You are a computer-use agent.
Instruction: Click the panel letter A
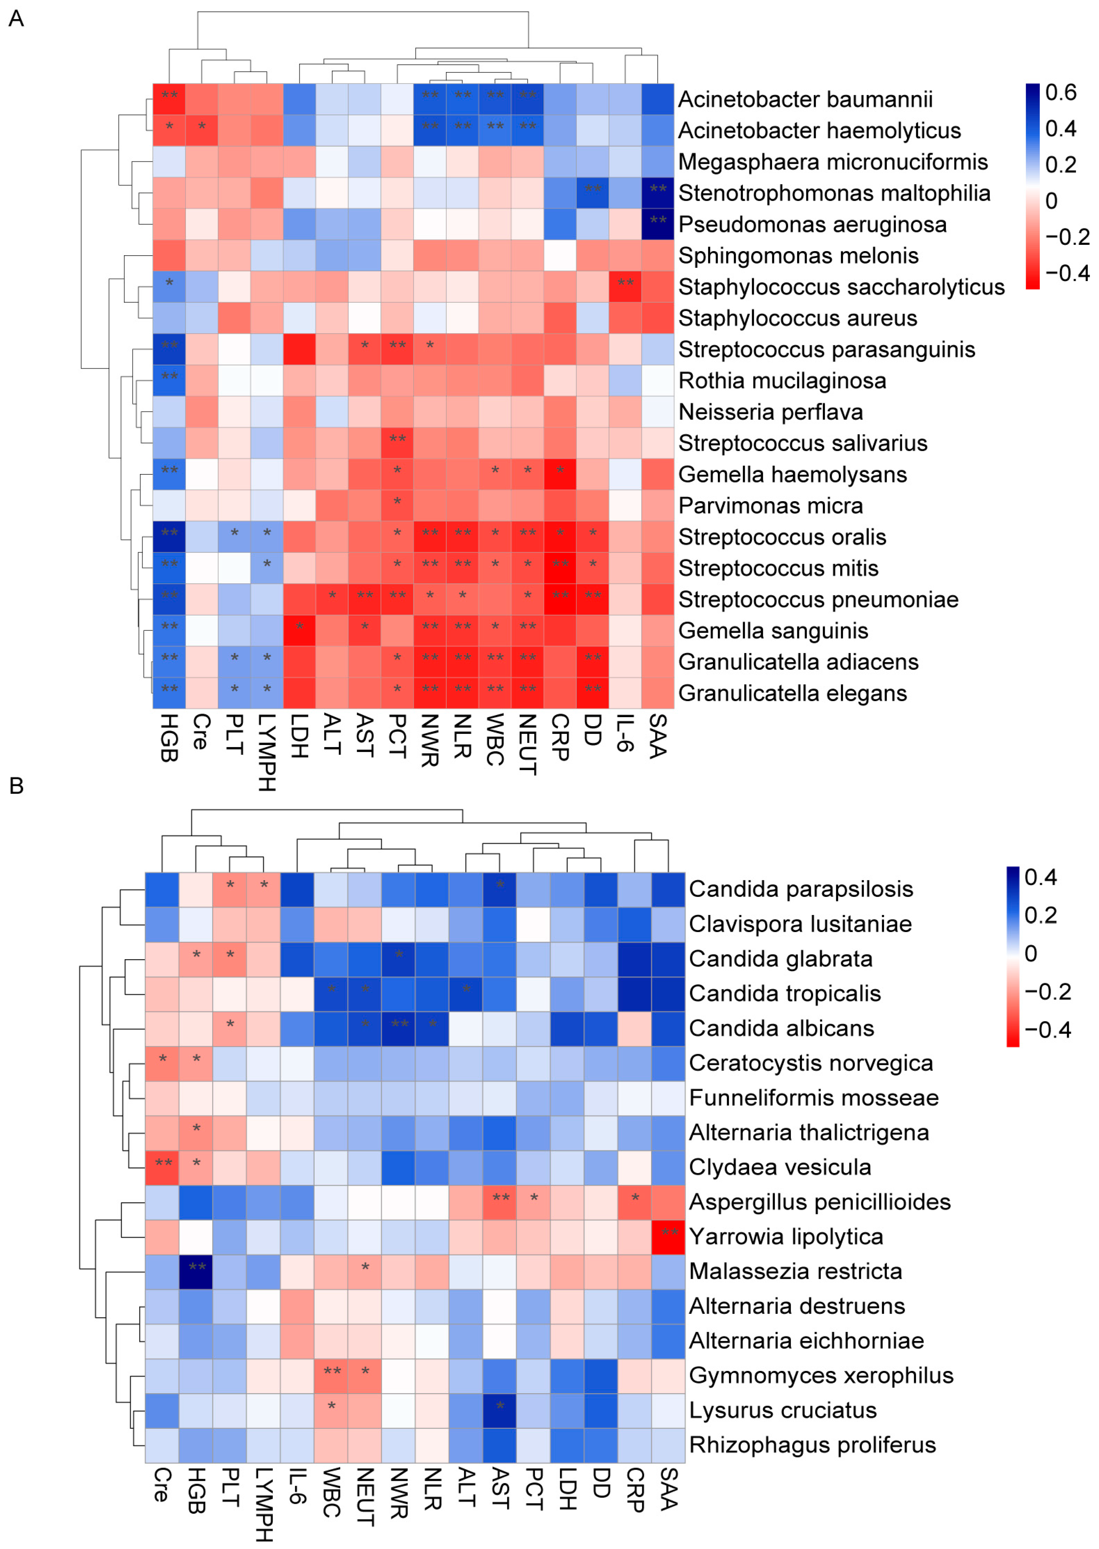(x=16, y=18)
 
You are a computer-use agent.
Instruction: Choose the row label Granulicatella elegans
(x=792, y=693)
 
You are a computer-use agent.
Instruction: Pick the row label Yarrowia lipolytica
(x=786, y=1237)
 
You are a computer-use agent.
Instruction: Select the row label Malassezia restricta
(x=795, y=1271)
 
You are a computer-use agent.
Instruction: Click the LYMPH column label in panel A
(x=267, y=752)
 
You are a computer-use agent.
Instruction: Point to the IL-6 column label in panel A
(x=625, y=732)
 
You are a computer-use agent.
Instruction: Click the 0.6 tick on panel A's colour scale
(x=1060, y=92)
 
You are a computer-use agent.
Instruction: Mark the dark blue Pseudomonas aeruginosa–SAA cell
(x=658, y=224)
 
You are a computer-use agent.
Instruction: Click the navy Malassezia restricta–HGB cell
(x=196, y=1271)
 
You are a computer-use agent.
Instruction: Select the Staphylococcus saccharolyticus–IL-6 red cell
(x=625, y=286)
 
